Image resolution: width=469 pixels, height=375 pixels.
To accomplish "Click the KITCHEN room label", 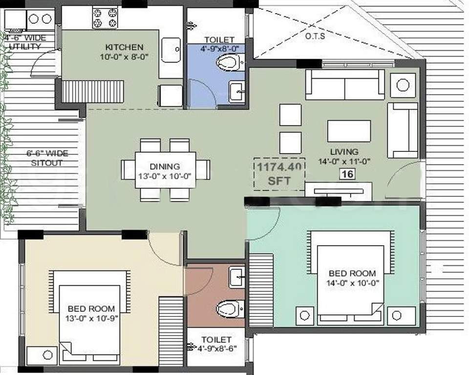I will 125,47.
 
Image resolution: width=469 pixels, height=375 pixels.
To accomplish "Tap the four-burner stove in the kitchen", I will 105,18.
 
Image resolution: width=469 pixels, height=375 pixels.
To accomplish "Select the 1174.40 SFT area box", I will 279,174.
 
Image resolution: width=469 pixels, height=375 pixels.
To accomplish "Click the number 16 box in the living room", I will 348,173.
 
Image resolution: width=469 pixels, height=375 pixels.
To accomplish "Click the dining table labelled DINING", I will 165,170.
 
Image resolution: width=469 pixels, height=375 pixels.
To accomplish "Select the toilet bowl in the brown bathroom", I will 229,308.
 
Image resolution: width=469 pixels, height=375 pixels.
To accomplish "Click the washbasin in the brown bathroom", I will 237,277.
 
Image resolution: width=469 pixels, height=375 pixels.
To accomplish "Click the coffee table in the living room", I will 349,131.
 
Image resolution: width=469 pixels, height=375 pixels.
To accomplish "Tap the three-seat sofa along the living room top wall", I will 344,85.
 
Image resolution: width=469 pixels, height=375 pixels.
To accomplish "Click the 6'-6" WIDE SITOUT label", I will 47,158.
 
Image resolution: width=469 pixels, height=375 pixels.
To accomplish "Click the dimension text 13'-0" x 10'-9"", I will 91,317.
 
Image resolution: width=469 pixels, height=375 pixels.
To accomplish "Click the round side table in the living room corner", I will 403,85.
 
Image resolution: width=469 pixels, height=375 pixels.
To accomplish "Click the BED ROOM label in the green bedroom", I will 352,273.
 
